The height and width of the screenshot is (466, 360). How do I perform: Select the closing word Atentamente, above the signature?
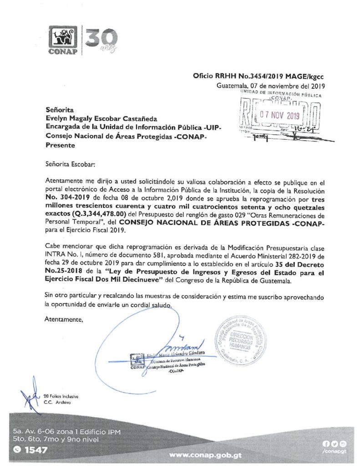[x=64, y=319]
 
